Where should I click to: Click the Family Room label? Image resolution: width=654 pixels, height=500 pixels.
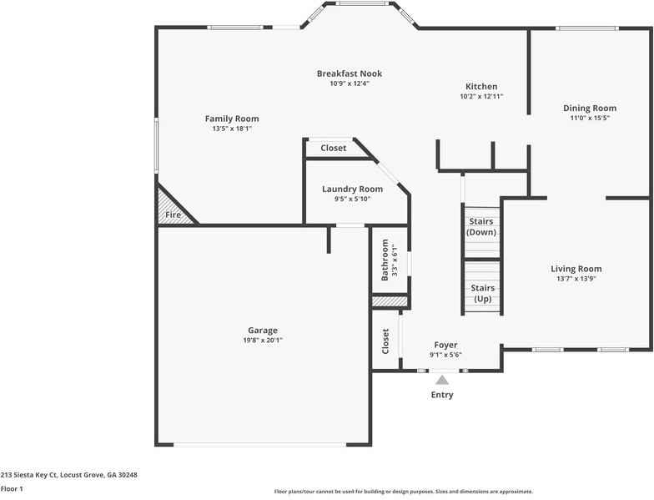coord(232,119)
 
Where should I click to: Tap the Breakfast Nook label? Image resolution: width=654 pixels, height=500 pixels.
coord(349,73)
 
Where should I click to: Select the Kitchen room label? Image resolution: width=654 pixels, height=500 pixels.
coord(481,87)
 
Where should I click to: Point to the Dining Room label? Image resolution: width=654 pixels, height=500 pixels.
coord(589,109)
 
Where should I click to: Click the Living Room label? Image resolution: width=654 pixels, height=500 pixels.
coord(576,269)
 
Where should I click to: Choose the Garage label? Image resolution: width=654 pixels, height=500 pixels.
coord(262,331)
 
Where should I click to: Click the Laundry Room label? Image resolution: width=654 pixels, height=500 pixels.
coord(352,189)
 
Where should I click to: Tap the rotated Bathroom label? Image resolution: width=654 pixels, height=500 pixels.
coord(385,260)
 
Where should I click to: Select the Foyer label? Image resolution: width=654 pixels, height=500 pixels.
coord(445,345)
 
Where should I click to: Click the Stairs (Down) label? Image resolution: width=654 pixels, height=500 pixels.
coord(481,226)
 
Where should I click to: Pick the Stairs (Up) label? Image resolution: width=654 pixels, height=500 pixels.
coord(481,293)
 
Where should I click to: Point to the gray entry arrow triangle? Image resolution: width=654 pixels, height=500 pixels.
coord(442,380)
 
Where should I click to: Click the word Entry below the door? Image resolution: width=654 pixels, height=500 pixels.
coord(442,395)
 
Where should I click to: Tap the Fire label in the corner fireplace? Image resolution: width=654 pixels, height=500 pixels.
coord(173,215)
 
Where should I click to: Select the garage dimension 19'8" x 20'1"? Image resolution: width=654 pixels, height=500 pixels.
coord(262,341)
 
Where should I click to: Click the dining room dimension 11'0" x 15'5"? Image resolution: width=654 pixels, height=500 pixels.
coord(589,119)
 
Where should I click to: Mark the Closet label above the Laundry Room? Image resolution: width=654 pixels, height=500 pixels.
coord(333,148)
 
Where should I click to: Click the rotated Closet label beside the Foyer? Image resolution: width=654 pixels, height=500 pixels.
coord(385,341)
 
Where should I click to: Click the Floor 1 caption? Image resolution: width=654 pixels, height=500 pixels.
coord(12,488)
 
